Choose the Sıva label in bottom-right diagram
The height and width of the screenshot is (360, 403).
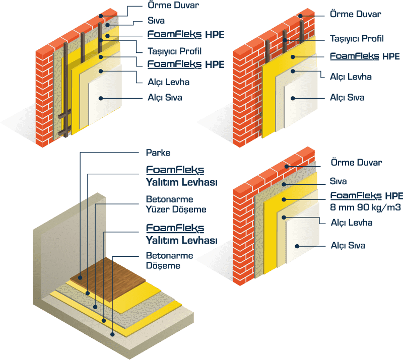[x=339, y=180]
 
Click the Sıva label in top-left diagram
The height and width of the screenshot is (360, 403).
[x=156, y=21]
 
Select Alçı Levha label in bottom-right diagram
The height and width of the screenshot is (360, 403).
[x=351, y=222]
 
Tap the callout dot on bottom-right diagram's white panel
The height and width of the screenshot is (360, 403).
[x=298, y=246]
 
